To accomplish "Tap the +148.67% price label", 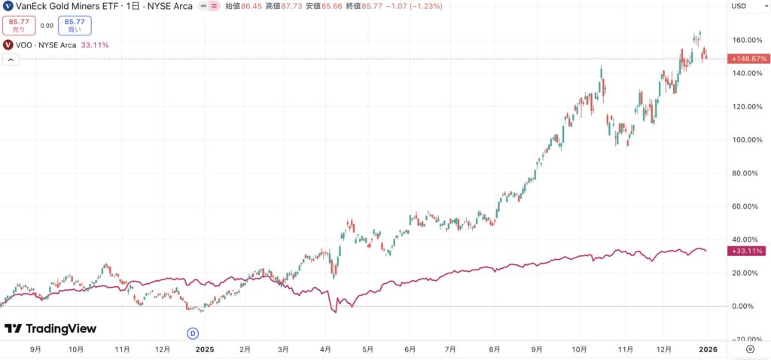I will [747, 59].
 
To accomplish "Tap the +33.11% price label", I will [747, 251].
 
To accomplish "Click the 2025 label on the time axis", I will [206, 349].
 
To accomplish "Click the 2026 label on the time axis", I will [708, 349].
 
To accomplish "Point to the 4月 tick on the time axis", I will [325, 349].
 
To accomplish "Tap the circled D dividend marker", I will [192, 333].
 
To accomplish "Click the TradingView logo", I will [50, 329].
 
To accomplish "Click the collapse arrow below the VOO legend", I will [10, 59].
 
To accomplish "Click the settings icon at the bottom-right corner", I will [751, 349].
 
